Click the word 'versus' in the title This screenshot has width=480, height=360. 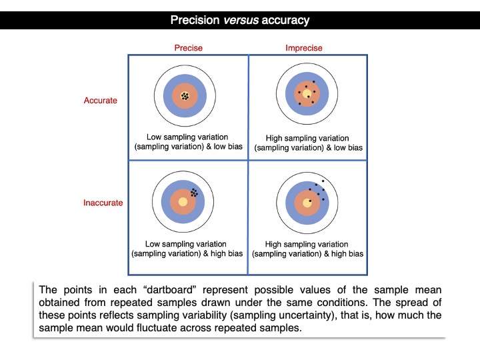point(239,20)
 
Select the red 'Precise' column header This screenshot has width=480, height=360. point(188,48)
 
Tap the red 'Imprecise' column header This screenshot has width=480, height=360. point(304,48)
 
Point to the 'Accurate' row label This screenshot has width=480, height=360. point(100,101)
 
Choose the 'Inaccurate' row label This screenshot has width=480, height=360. point(103,203)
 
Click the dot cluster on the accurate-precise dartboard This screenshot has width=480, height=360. point(185,97)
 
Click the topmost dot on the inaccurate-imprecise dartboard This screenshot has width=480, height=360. point(323,181)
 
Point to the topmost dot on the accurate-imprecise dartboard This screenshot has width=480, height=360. point(313,81)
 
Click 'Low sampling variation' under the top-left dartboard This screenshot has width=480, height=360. point(187,137)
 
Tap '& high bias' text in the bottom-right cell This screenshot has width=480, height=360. point(343,253)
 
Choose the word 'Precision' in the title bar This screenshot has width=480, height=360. point(194,20)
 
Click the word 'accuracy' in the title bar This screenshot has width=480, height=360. point(285,20)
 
